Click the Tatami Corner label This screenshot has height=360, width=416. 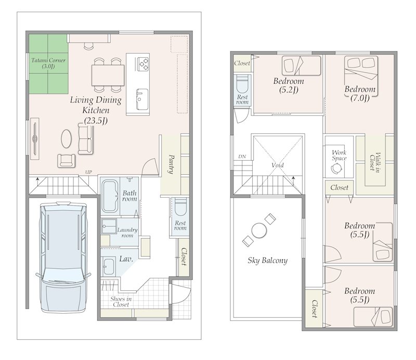48,63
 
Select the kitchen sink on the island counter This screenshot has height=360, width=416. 142,99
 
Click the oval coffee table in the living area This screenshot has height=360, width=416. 67,138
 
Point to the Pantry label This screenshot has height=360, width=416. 171,164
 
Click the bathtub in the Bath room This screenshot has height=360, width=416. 110,196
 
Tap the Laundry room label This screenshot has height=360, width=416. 127,233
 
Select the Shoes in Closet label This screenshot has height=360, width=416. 121,302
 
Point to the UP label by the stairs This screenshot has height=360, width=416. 88,172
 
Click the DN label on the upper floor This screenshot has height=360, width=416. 242,157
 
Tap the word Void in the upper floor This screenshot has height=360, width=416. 278,165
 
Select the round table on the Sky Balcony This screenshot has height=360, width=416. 259,230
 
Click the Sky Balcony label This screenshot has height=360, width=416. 267,261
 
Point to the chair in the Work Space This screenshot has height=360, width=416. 337,168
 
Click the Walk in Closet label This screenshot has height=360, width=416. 374,161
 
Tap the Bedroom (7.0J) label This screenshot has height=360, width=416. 360,94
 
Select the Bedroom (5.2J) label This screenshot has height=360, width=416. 289,85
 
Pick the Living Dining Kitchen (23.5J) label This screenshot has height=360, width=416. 96,110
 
